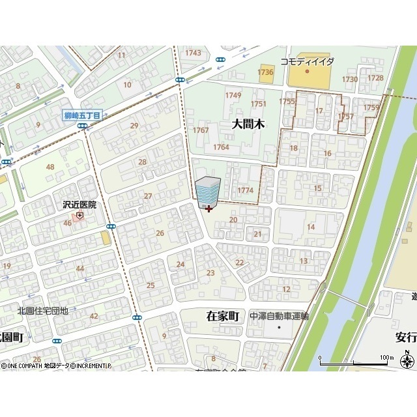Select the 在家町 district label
click(x=223, y=316)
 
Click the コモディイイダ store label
click(x=307, y=61)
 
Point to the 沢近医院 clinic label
click(x=79, y=205)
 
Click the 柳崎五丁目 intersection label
click(x=82, y=115)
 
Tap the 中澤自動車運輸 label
click(x=279, y=316)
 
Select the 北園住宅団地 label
click(x=42, y=311)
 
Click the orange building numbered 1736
click(x=265, y=72)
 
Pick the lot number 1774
click(x=245, y=190)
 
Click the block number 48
click(x=50, y=167)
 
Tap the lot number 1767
click(x=201, y=130)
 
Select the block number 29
click(x=134, y=126)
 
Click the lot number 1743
click(x=193, y=53)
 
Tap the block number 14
click(x=311, y=227)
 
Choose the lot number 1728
click(x=375, y=78)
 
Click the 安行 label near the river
click(x=405, y=337)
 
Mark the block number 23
click(x=210, y=273)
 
